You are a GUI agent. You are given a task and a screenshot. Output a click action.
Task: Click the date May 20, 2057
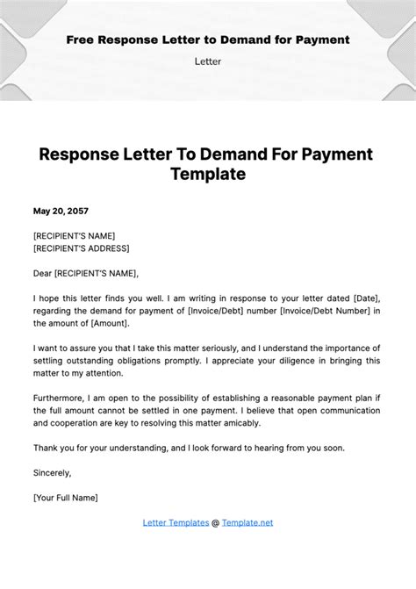[61, 212]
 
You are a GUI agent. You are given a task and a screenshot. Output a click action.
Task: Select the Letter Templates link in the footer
[176, 522]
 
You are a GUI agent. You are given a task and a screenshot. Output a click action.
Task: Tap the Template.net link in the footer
[247, 522]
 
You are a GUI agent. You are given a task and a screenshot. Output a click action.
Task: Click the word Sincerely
[52, 472]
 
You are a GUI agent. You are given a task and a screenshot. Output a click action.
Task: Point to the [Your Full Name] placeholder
[66, 498]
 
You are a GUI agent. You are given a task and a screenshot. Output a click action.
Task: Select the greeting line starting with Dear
[85, 273]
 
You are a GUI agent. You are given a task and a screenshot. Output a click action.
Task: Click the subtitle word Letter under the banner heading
[208, 61]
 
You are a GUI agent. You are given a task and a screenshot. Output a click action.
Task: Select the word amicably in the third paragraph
[240, 422]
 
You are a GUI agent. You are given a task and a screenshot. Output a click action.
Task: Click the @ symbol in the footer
[216, 522]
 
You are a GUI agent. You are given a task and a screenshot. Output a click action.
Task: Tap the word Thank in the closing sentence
[47, 448]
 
